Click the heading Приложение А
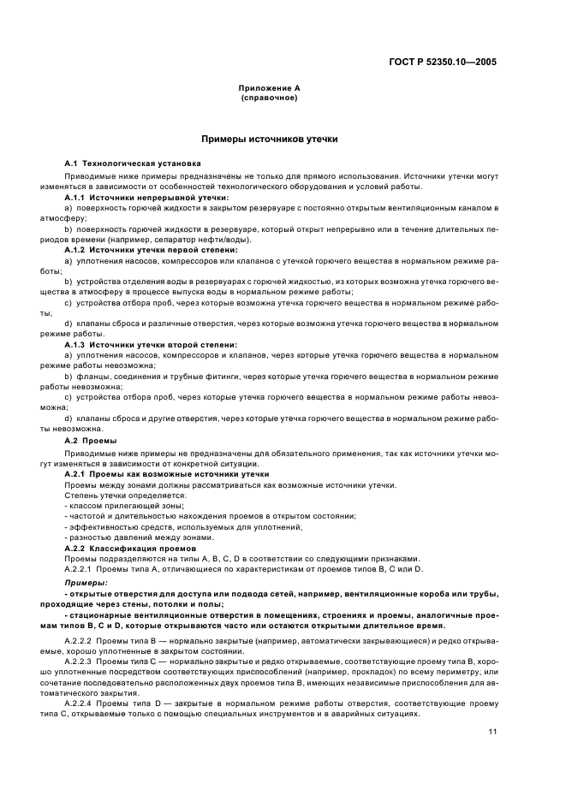point(270,88)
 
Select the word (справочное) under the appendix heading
point(270,98)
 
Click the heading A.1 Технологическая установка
point(133,163)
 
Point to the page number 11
point(492,730)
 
